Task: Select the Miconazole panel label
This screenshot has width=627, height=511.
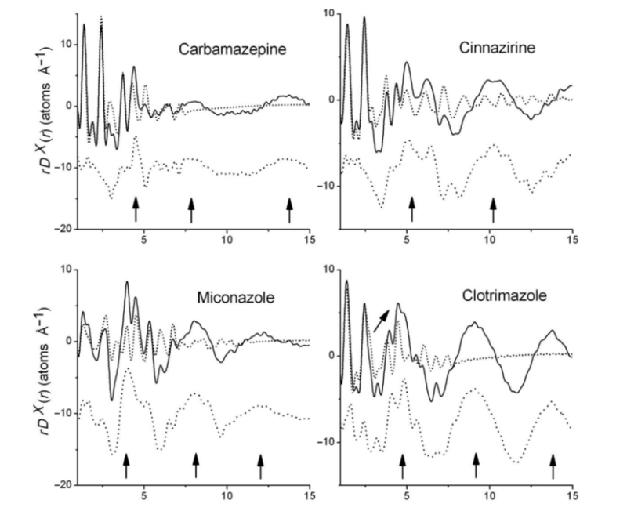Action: click(234, 299)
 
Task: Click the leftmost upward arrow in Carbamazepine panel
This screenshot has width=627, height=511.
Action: click(136, 209)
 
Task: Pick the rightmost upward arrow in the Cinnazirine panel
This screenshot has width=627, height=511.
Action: click(493, 209)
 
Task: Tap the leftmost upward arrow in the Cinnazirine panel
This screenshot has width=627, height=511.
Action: click(412, 209)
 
